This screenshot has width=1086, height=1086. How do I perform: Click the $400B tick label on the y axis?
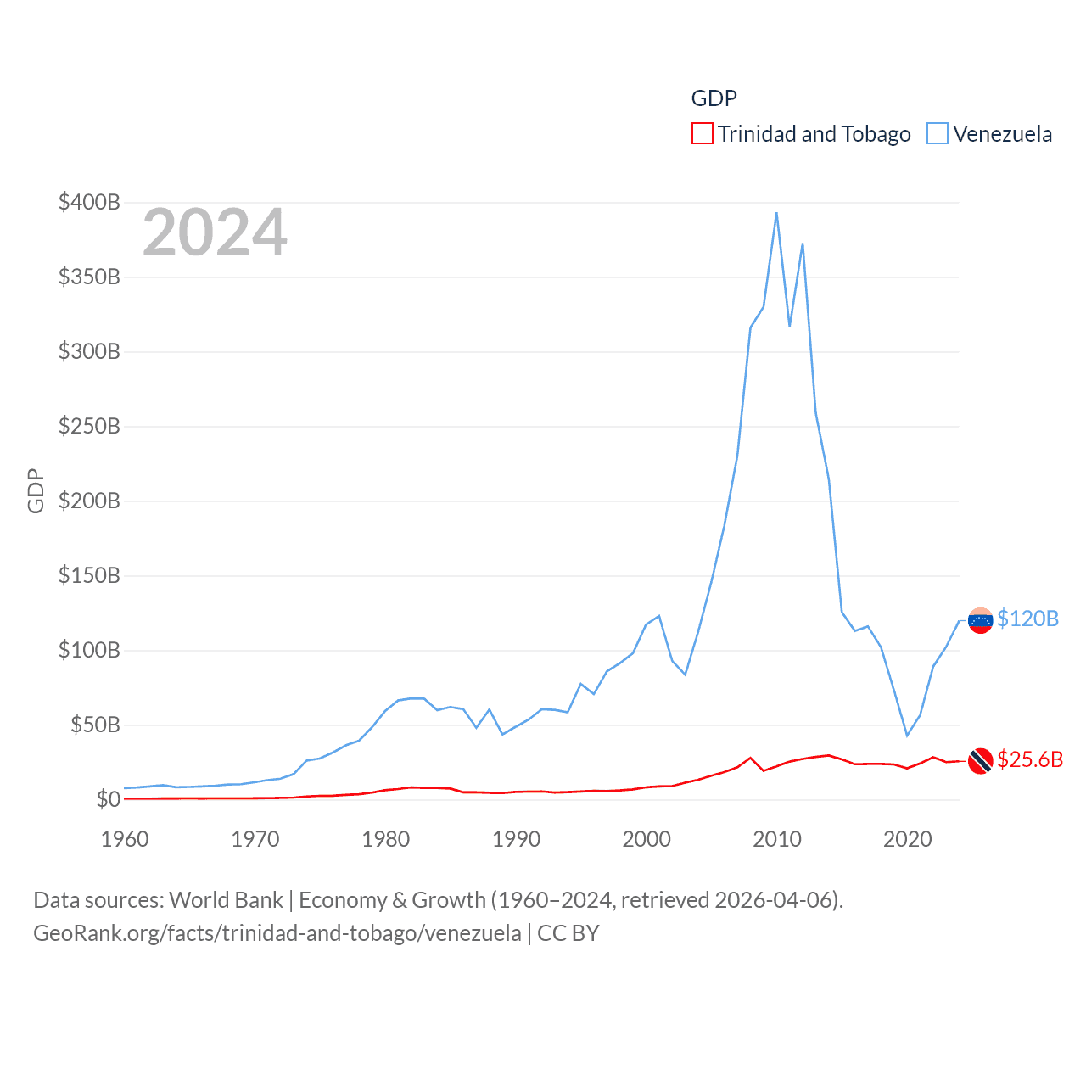89,202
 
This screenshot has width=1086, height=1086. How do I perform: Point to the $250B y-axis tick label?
89,426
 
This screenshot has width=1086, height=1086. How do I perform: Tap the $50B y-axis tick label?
95,725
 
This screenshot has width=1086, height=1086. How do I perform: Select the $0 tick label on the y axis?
108,799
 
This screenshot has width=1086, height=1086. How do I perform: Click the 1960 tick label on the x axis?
125,839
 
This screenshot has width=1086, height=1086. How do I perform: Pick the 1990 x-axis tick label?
516,839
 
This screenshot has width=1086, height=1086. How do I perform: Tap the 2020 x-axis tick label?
907,839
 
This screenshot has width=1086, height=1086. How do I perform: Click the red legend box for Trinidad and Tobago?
703,133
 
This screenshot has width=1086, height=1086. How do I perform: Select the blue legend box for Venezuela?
937,133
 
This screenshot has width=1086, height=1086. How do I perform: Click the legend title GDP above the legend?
714,98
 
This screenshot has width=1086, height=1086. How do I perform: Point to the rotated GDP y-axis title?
36,490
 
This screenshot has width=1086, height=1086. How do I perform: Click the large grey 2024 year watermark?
215,232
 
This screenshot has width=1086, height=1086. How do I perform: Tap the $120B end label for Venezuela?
1027,619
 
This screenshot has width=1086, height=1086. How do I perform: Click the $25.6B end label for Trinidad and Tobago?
1030,759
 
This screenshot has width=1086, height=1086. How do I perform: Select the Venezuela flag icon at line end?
980,621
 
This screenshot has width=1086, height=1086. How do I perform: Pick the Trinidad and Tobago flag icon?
980,761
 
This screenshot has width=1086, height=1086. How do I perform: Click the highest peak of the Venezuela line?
776,213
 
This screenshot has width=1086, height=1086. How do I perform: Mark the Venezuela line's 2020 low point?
907,735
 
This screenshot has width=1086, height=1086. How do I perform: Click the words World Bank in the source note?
226,899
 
